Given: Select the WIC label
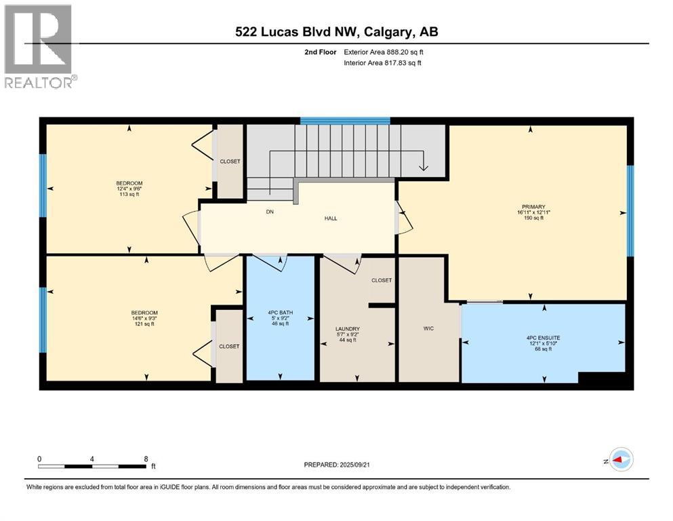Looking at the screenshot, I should (428, 328).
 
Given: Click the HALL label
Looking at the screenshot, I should (330, 218).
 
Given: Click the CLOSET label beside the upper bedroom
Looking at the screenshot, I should (230, 161).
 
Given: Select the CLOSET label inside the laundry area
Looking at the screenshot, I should (382, 280).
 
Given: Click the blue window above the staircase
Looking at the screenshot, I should (345, 121).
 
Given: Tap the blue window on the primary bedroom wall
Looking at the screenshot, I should (630, 210).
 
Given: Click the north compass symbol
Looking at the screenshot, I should (619, 460).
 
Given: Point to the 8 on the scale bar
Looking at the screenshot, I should (146, 459).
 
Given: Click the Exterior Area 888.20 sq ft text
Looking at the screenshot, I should (385, 52).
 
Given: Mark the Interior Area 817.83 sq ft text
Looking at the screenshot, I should (383, 63).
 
